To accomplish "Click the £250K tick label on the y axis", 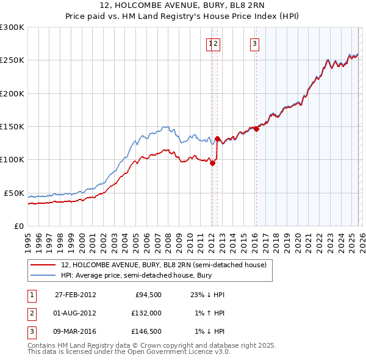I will click(12, 60).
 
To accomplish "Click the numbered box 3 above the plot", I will click(254, 43).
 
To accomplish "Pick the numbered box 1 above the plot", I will click(210, 43).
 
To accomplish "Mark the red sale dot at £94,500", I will click(212, 163).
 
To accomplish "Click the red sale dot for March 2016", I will click(256, 129).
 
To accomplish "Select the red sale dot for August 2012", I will click(217, 139).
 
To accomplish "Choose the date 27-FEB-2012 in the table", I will click(75, 295).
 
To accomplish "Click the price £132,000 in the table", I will click(146, 313).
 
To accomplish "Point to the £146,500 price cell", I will click(146, 331).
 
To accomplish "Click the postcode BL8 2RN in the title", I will click(242, 5).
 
